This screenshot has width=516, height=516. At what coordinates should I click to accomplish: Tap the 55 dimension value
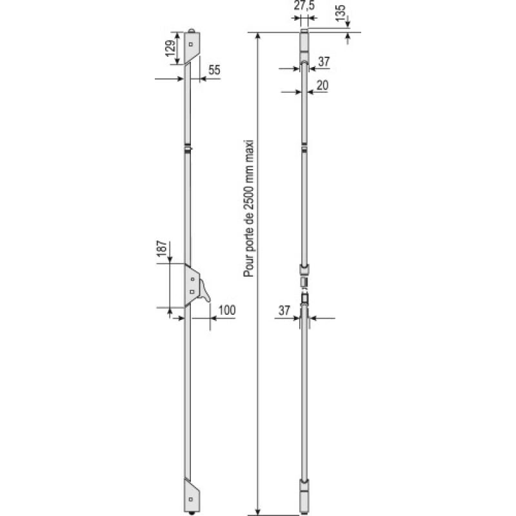click(x=214, y=70)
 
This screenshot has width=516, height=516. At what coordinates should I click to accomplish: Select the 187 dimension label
click(x=162, y=250)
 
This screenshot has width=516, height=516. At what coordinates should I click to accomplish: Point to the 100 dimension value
click(x=226, y=310)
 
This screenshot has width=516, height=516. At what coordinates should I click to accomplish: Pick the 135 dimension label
click(x=341, y=14)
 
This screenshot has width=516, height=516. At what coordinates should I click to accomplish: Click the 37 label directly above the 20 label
click(x=324, y=61)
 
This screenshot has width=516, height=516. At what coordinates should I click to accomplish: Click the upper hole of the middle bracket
click(x=192, y=278)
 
